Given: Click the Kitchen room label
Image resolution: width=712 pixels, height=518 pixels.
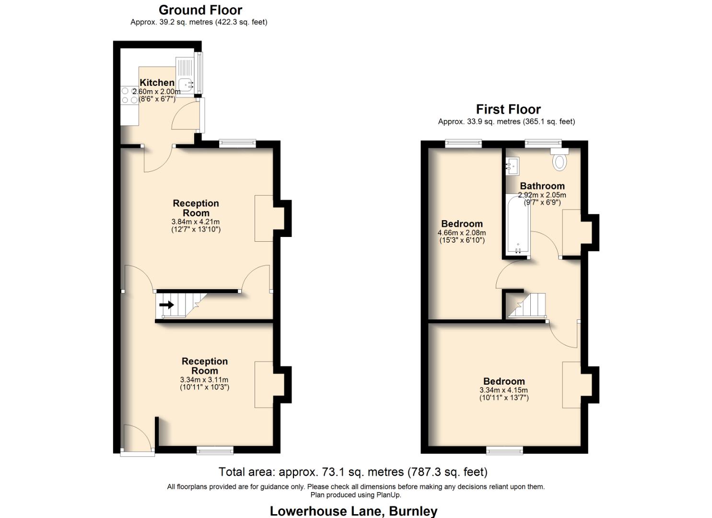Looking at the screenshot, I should [157, 82].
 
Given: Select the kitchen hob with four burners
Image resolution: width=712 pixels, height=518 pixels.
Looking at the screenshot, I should [129, 95].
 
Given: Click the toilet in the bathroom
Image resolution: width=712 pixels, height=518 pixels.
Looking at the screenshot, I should [559, 159].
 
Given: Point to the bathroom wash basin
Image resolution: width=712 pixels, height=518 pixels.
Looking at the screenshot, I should [511, 166].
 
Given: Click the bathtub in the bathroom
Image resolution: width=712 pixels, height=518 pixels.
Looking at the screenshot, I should [518, 224].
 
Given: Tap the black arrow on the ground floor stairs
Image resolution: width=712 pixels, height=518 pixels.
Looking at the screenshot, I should [167, 305].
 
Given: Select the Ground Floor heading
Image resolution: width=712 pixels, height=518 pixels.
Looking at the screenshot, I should [200, 10].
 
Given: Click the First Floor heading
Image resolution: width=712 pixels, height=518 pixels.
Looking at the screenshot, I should [508, 109].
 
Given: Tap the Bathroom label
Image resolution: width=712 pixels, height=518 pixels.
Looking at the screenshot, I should [542, 186].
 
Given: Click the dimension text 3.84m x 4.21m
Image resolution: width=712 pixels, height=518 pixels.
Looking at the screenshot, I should [196, 222].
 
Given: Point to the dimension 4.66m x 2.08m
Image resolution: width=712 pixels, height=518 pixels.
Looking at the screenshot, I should [462, 233].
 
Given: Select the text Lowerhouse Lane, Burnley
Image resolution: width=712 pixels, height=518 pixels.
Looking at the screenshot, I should [353, 511].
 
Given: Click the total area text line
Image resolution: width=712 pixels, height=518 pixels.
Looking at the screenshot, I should [353, 472].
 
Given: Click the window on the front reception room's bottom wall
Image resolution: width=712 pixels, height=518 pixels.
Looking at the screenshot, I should [215, 450].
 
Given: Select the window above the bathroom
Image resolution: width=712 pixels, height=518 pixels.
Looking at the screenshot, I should [543, 142].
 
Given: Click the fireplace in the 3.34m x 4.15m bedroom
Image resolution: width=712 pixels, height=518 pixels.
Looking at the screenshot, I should [572, 385].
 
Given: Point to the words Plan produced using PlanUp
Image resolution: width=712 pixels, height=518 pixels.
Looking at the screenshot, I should [356, 495].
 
